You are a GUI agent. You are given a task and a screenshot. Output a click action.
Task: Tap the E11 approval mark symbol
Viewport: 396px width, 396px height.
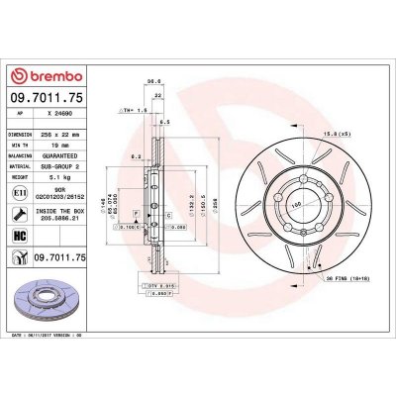point(20,196)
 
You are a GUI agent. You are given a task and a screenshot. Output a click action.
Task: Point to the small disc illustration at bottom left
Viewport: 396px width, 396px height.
point(45,307)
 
